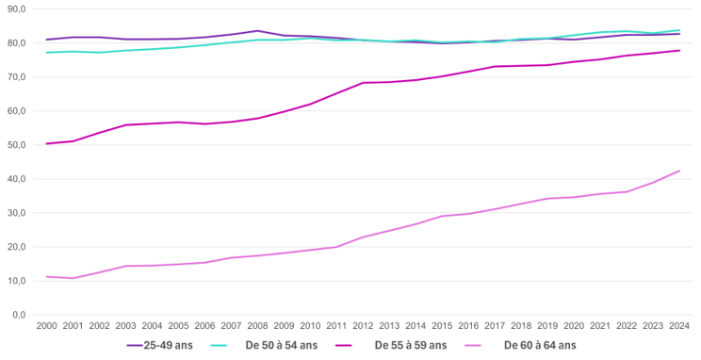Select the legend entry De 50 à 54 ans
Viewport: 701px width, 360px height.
coord(282,345)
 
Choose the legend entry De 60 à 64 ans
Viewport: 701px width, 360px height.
coord(539,345)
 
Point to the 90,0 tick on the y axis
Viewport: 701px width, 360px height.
coord(16,8)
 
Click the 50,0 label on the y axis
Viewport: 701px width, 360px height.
coord(16,145)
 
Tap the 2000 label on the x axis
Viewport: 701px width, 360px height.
coord(46,326)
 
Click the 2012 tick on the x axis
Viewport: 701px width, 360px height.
coord(363,326)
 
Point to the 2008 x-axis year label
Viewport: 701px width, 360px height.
coord(257,326)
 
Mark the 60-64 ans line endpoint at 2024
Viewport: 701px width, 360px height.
coord(679,171)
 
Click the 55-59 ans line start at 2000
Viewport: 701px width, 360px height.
coord(46,143)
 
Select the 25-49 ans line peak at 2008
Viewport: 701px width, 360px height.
coord(257,31)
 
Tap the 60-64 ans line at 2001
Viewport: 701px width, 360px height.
coord(73,278)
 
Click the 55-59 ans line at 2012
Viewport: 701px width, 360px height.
coord(363,83)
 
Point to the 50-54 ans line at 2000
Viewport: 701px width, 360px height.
coord(46,53)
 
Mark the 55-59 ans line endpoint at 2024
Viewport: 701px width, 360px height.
coord(679,51)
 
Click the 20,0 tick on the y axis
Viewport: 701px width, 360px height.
coord(16,247)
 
